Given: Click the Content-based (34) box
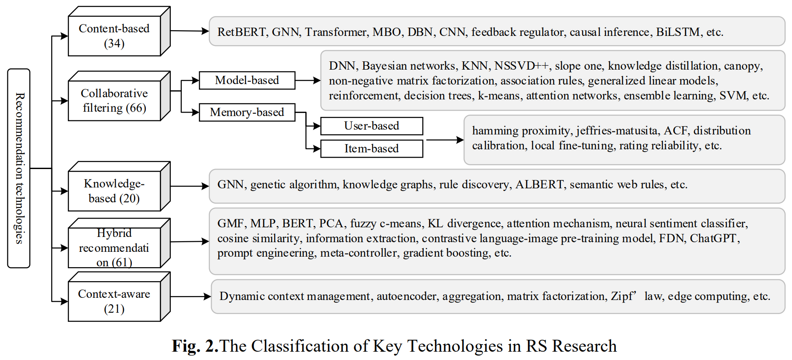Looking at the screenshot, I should [114, 36].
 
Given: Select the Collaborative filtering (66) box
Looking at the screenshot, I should [114, 100].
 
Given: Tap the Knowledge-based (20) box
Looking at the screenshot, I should [114, 191].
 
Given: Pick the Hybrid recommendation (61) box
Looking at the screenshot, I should [114, 247].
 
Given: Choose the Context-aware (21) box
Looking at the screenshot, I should [114, 301].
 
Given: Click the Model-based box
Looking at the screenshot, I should [247, 80].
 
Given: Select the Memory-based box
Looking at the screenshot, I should [247, 112].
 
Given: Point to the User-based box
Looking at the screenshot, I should [371, 126].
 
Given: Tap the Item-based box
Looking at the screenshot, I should [371, 148].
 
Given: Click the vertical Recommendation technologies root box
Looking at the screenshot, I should [19, 168].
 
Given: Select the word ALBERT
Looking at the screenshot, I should [539, 184].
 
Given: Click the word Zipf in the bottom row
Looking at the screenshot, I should [622, 296].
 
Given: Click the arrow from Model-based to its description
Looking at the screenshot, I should [308, 81].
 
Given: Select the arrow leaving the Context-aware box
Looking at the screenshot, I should [190, 296].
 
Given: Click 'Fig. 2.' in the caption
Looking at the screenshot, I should [195, 346].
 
